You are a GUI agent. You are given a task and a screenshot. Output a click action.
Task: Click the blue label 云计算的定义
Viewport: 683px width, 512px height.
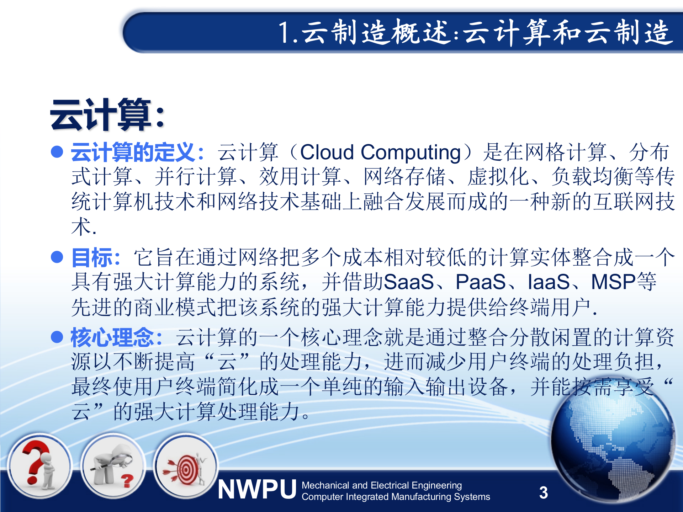tap(133, 152)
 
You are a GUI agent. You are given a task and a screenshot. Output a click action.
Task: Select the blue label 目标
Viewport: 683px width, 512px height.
tap(92, 257)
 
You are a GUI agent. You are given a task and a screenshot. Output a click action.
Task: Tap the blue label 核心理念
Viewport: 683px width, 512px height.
tap(112, 337)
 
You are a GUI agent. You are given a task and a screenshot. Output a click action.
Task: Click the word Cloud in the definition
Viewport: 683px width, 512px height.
tap(327, 152)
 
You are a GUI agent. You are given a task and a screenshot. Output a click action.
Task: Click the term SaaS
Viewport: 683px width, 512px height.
tap(409, 282)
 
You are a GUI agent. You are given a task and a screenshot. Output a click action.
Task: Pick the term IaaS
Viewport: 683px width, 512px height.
tap(549, 282)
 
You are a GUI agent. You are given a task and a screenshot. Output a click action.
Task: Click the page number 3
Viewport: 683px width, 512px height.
tap(543, 492)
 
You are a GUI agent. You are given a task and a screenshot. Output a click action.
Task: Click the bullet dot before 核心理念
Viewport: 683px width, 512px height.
tap(57, 337)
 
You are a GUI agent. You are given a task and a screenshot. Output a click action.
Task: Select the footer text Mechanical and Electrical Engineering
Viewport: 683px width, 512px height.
tap(381, 485)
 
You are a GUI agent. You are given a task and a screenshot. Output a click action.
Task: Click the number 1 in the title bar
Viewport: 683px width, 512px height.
tap(285, 33)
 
